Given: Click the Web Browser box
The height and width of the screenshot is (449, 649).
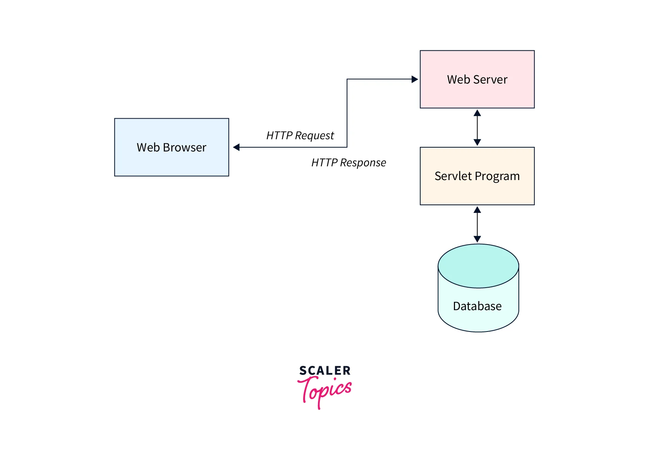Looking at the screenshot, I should (171, 147).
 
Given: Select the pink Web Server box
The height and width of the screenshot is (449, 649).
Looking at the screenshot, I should (477, 79).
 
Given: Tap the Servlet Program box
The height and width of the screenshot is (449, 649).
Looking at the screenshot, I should (477, 176).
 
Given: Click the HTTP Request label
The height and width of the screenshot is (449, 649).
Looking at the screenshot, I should (300, 136).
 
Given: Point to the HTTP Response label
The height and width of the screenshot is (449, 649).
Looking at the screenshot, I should (349, 163).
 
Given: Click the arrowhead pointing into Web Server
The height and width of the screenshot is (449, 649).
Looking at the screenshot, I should (415, 79).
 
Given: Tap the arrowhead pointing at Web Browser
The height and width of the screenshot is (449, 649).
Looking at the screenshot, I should (237, 147).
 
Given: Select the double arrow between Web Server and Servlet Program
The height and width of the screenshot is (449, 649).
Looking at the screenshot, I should (477, 128).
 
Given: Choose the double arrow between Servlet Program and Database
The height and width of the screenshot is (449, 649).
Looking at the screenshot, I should (477, 224).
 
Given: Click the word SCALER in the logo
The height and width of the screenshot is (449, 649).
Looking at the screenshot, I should (325, 370).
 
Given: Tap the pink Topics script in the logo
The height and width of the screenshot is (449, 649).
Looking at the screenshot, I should (324, 390).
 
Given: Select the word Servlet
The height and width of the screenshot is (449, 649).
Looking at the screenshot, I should (453, 176).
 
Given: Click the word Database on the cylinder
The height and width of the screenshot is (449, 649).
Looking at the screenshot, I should (477, 306).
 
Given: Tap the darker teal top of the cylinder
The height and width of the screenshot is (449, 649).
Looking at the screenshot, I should (478, 266).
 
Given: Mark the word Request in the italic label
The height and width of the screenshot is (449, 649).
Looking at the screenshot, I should (314, 136).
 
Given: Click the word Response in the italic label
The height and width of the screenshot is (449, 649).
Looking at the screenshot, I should (363, 163).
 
